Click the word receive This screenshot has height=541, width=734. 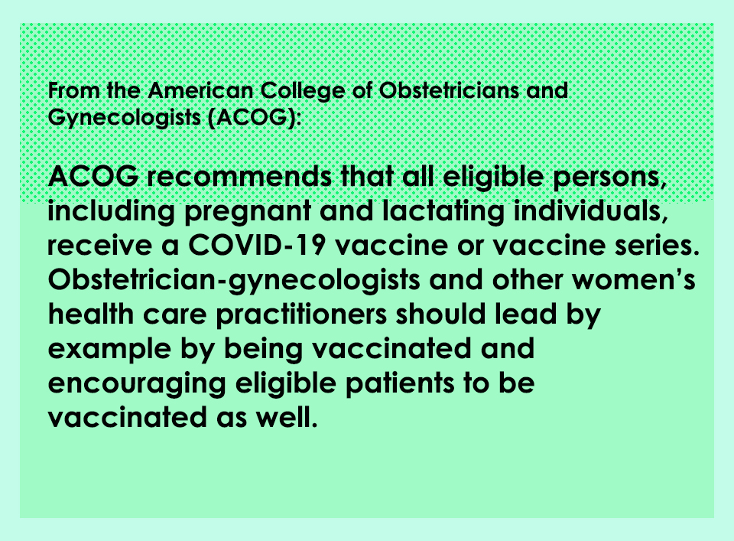98,246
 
